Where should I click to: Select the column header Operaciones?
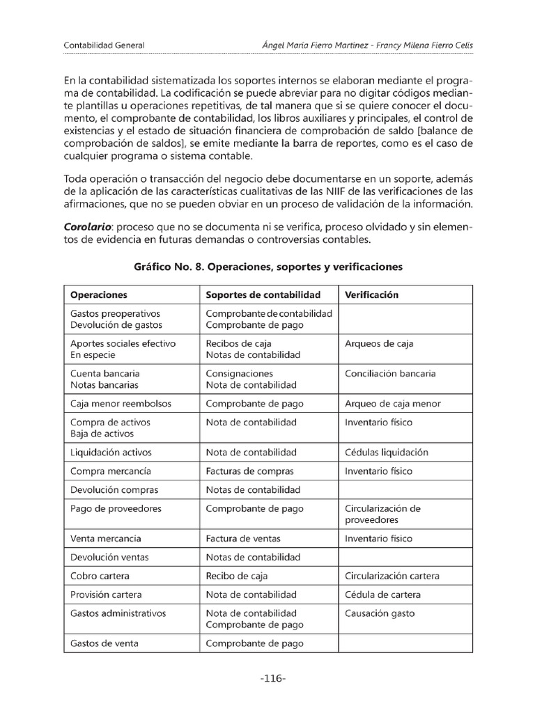point(98,295)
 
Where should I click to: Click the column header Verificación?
point(371,295)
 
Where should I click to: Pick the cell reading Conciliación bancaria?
point(390,373)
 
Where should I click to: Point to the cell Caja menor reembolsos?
point(121,403)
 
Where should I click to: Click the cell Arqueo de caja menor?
point(392,403)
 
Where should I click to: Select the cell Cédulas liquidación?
point(387,452)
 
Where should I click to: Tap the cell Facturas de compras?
point(249,471)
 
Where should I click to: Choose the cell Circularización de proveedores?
point(382,514)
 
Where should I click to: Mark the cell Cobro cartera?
point(100,576)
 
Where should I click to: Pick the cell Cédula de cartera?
point(382,595)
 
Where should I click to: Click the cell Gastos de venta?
point(104,643)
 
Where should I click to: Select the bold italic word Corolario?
point(88,228)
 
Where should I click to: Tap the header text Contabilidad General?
point(104,45)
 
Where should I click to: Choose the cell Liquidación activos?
point(111,452)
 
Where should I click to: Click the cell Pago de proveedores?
point(116,508)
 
